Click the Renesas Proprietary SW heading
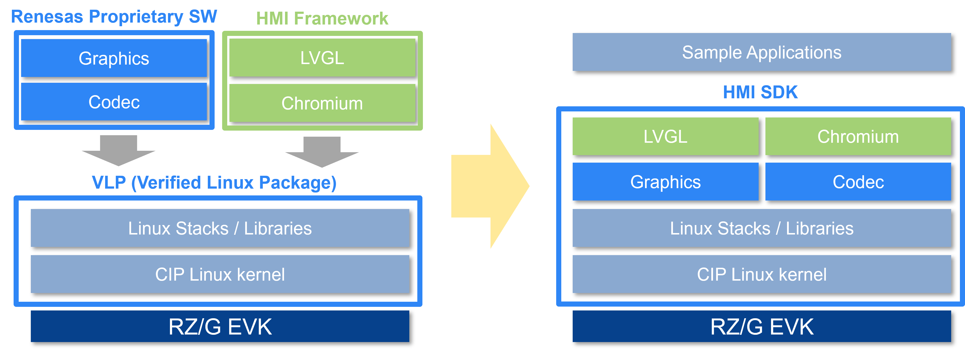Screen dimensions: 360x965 pos(114,17)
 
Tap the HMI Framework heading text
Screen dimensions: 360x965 pos(322,19)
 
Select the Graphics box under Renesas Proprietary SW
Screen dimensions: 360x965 pos(114,58)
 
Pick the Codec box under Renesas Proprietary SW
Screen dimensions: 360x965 pos(114,102)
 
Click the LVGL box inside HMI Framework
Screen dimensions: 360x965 pos(322,58)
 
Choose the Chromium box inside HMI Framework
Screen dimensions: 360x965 pos(322,103)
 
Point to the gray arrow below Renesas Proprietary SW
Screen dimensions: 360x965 pos(118,150)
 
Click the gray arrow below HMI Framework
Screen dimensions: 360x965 pos(322,151)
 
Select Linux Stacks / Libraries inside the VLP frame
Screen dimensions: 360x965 pos(220,228)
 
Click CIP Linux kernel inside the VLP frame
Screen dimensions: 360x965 pos(220,274)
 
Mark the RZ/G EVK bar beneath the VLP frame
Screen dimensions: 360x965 pos(220,326)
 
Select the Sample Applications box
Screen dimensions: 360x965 pos(762,52)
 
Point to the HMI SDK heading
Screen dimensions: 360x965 pos(760,92)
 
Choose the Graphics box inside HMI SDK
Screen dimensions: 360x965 pos(665,182)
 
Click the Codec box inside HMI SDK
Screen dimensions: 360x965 pos(858,182)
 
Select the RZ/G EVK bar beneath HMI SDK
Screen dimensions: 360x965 pos(762,326)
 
